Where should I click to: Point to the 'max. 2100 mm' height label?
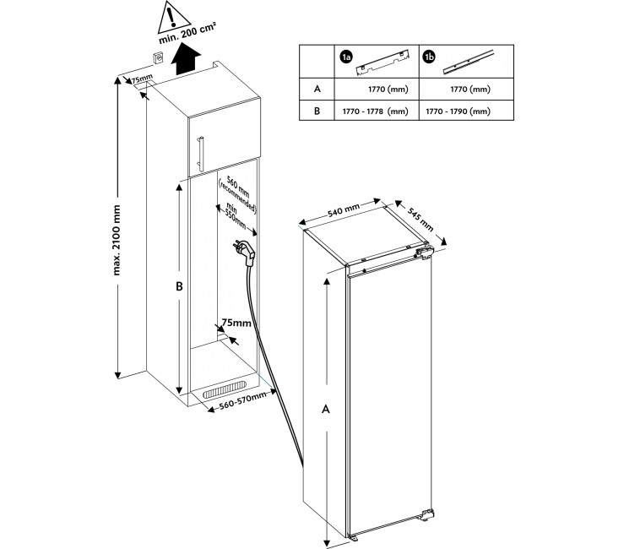[119, 239]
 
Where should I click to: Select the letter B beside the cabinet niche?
[179, 286]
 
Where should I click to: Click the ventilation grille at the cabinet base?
[229, 391]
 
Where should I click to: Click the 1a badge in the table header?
[345, 57]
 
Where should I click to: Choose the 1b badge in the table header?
[429, 57]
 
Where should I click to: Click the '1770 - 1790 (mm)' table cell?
[459, 111]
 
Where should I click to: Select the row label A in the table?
[317, 88]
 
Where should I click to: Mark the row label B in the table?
[317, 111]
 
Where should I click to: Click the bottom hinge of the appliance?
[426, 512]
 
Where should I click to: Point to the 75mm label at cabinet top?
[141, 79]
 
